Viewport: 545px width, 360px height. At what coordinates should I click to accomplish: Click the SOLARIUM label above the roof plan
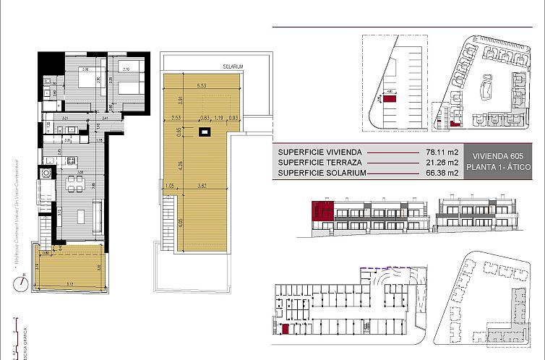pyautogui.click(x=233, y=67)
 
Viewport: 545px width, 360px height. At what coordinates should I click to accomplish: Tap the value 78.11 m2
pyautogui.click(x=442, y=153)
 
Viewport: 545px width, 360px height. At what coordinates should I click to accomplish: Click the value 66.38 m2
pyautogui.click(x=442, y=173)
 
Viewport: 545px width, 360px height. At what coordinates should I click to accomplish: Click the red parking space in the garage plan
pyautogui.click(x=287, y=330)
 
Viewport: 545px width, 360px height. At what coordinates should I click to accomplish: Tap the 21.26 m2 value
pyautogui.click(x=442, y=163)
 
